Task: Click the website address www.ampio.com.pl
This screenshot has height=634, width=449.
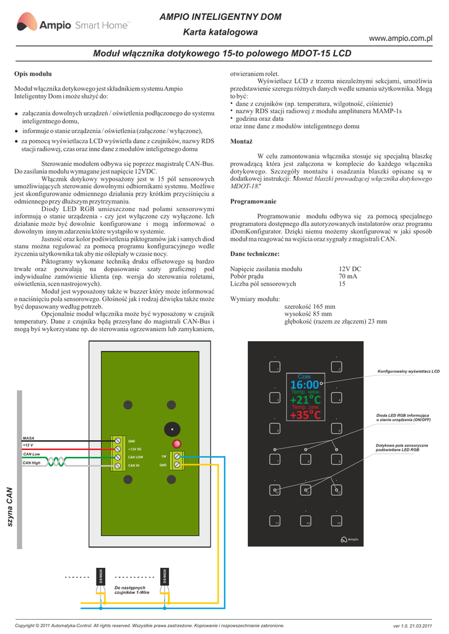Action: [x=399, y=38]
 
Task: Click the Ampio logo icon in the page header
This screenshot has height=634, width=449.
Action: [x=26, y=25]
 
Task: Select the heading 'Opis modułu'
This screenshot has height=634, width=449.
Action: [x=33, y=74]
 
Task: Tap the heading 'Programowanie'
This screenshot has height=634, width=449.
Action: [x=253, y=202]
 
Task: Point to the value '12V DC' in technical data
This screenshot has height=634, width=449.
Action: [x=350, y=269]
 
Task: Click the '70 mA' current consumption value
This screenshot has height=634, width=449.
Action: [x=347, y=276]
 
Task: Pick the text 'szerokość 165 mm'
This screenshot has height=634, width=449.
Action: [x=310, y=306]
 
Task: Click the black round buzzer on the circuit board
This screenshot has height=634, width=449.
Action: [x=170, y=429]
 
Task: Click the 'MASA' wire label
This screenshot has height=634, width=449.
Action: [x=28, y=438]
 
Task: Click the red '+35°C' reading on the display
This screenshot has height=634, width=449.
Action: [x=305, y=415]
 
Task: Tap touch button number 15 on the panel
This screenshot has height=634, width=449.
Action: [x=337, y=521]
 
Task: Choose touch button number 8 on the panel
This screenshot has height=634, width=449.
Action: [x=306, y=459]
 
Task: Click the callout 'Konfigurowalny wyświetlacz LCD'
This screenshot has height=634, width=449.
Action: [x=408, y=371]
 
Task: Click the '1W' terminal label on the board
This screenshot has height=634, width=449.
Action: [x=163, y=456]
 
